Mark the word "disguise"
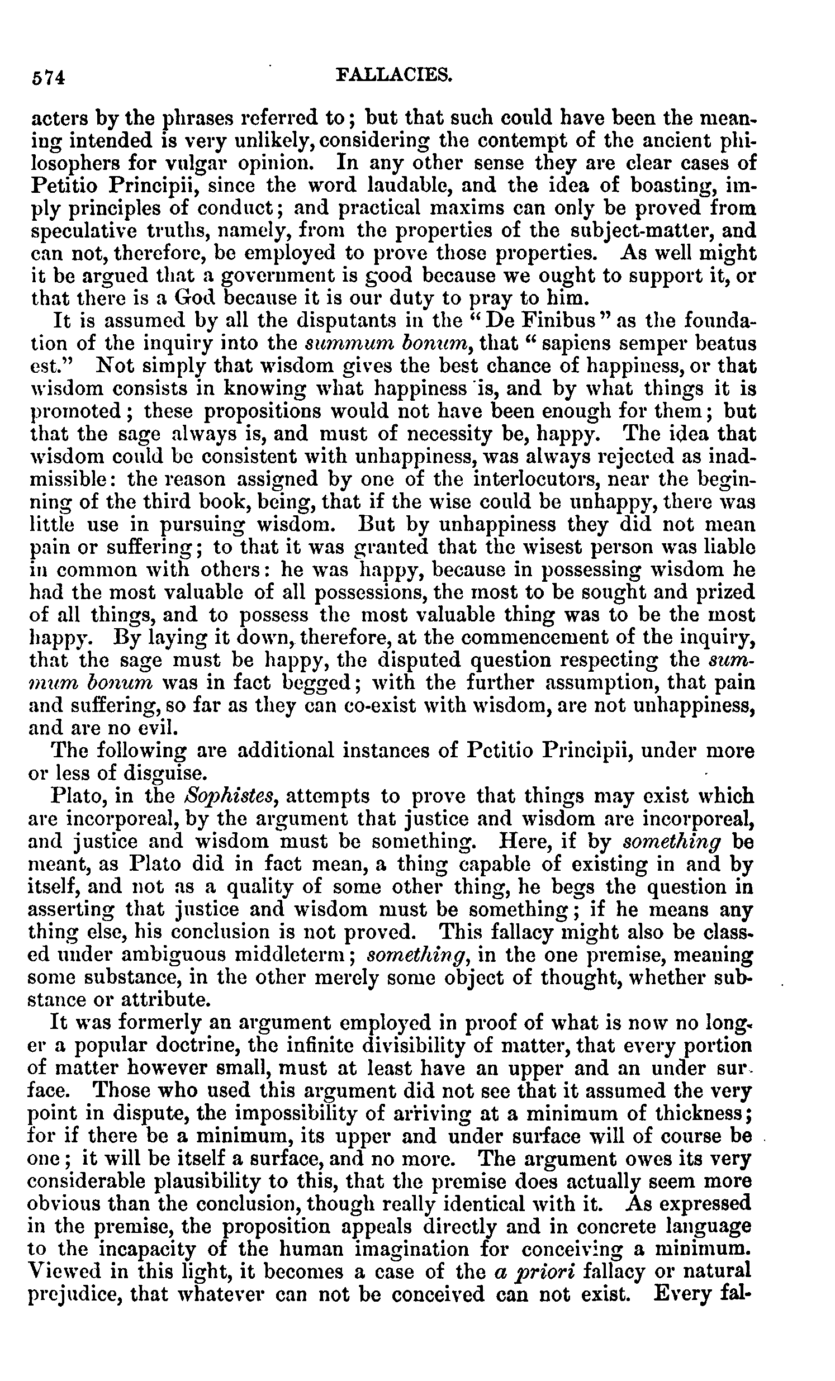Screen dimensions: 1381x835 [150, 773]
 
